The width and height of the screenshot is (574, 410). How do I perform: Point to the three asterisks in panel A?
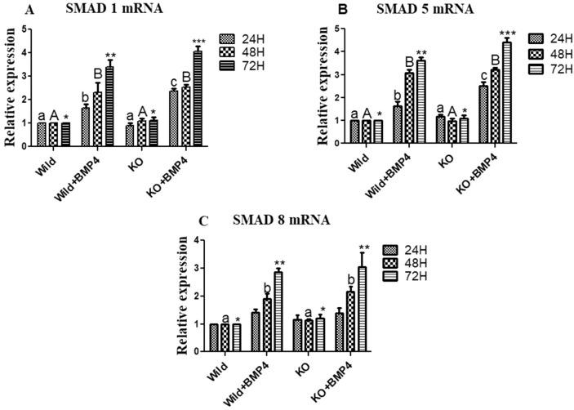point(198,42)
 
